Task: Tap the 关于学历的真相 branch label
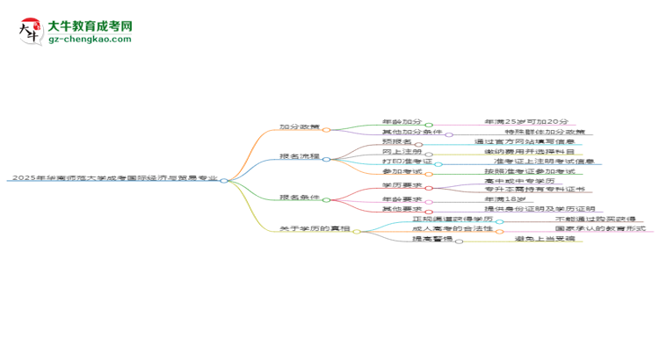(315, 230)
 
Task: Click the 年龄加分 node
(402, 122)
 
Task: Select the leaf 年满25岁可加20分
(525, 122)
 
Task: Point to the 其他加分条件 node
(411, 133)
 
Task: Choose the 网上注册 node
(401, 153)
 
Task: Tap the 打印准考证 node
(406, 162)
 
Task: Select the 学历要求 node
(402, 186)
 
